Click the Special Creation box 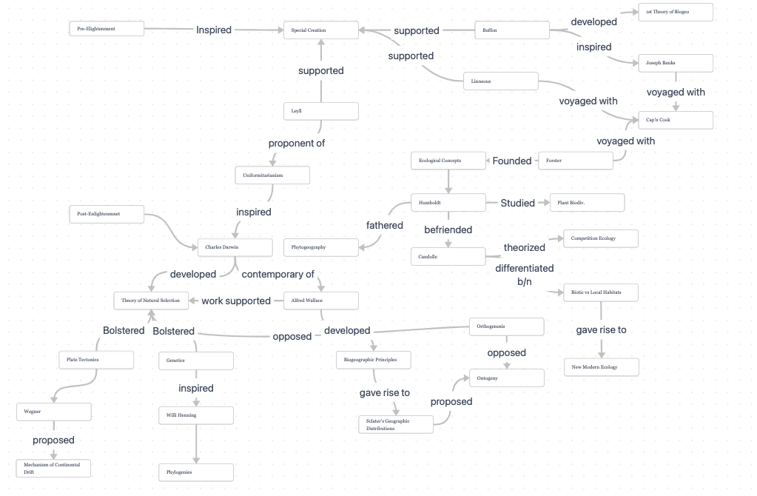tap(321, 30)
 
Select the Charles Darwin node tap(235, 247)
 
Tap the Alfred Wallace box tap(321, 301)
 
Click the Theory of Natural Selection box tap(151, 301)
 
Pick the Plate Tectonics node tap(96, 360)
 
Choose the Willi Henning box tap(196, 415)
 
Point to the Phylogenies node tap(196, 472)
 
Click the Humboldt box tap(448, 202)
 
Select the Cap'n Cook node tap(676, 120)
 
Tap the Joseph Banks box tap(676, 63)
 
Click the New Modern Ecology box tap(601, 367)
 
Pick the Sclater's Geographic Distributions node tap(395, 424)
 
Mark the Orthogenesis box tap(507, 326)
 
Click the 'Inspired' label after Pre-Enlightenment tap(214, 30)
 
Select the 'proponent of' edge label tap(297, 144)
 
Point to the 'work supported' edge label tap(236, 301)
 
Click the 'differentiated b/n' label tap(525, 275)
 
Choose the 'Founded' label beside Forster tap(512, 161)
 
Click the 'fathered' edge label tap(385, 225)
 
